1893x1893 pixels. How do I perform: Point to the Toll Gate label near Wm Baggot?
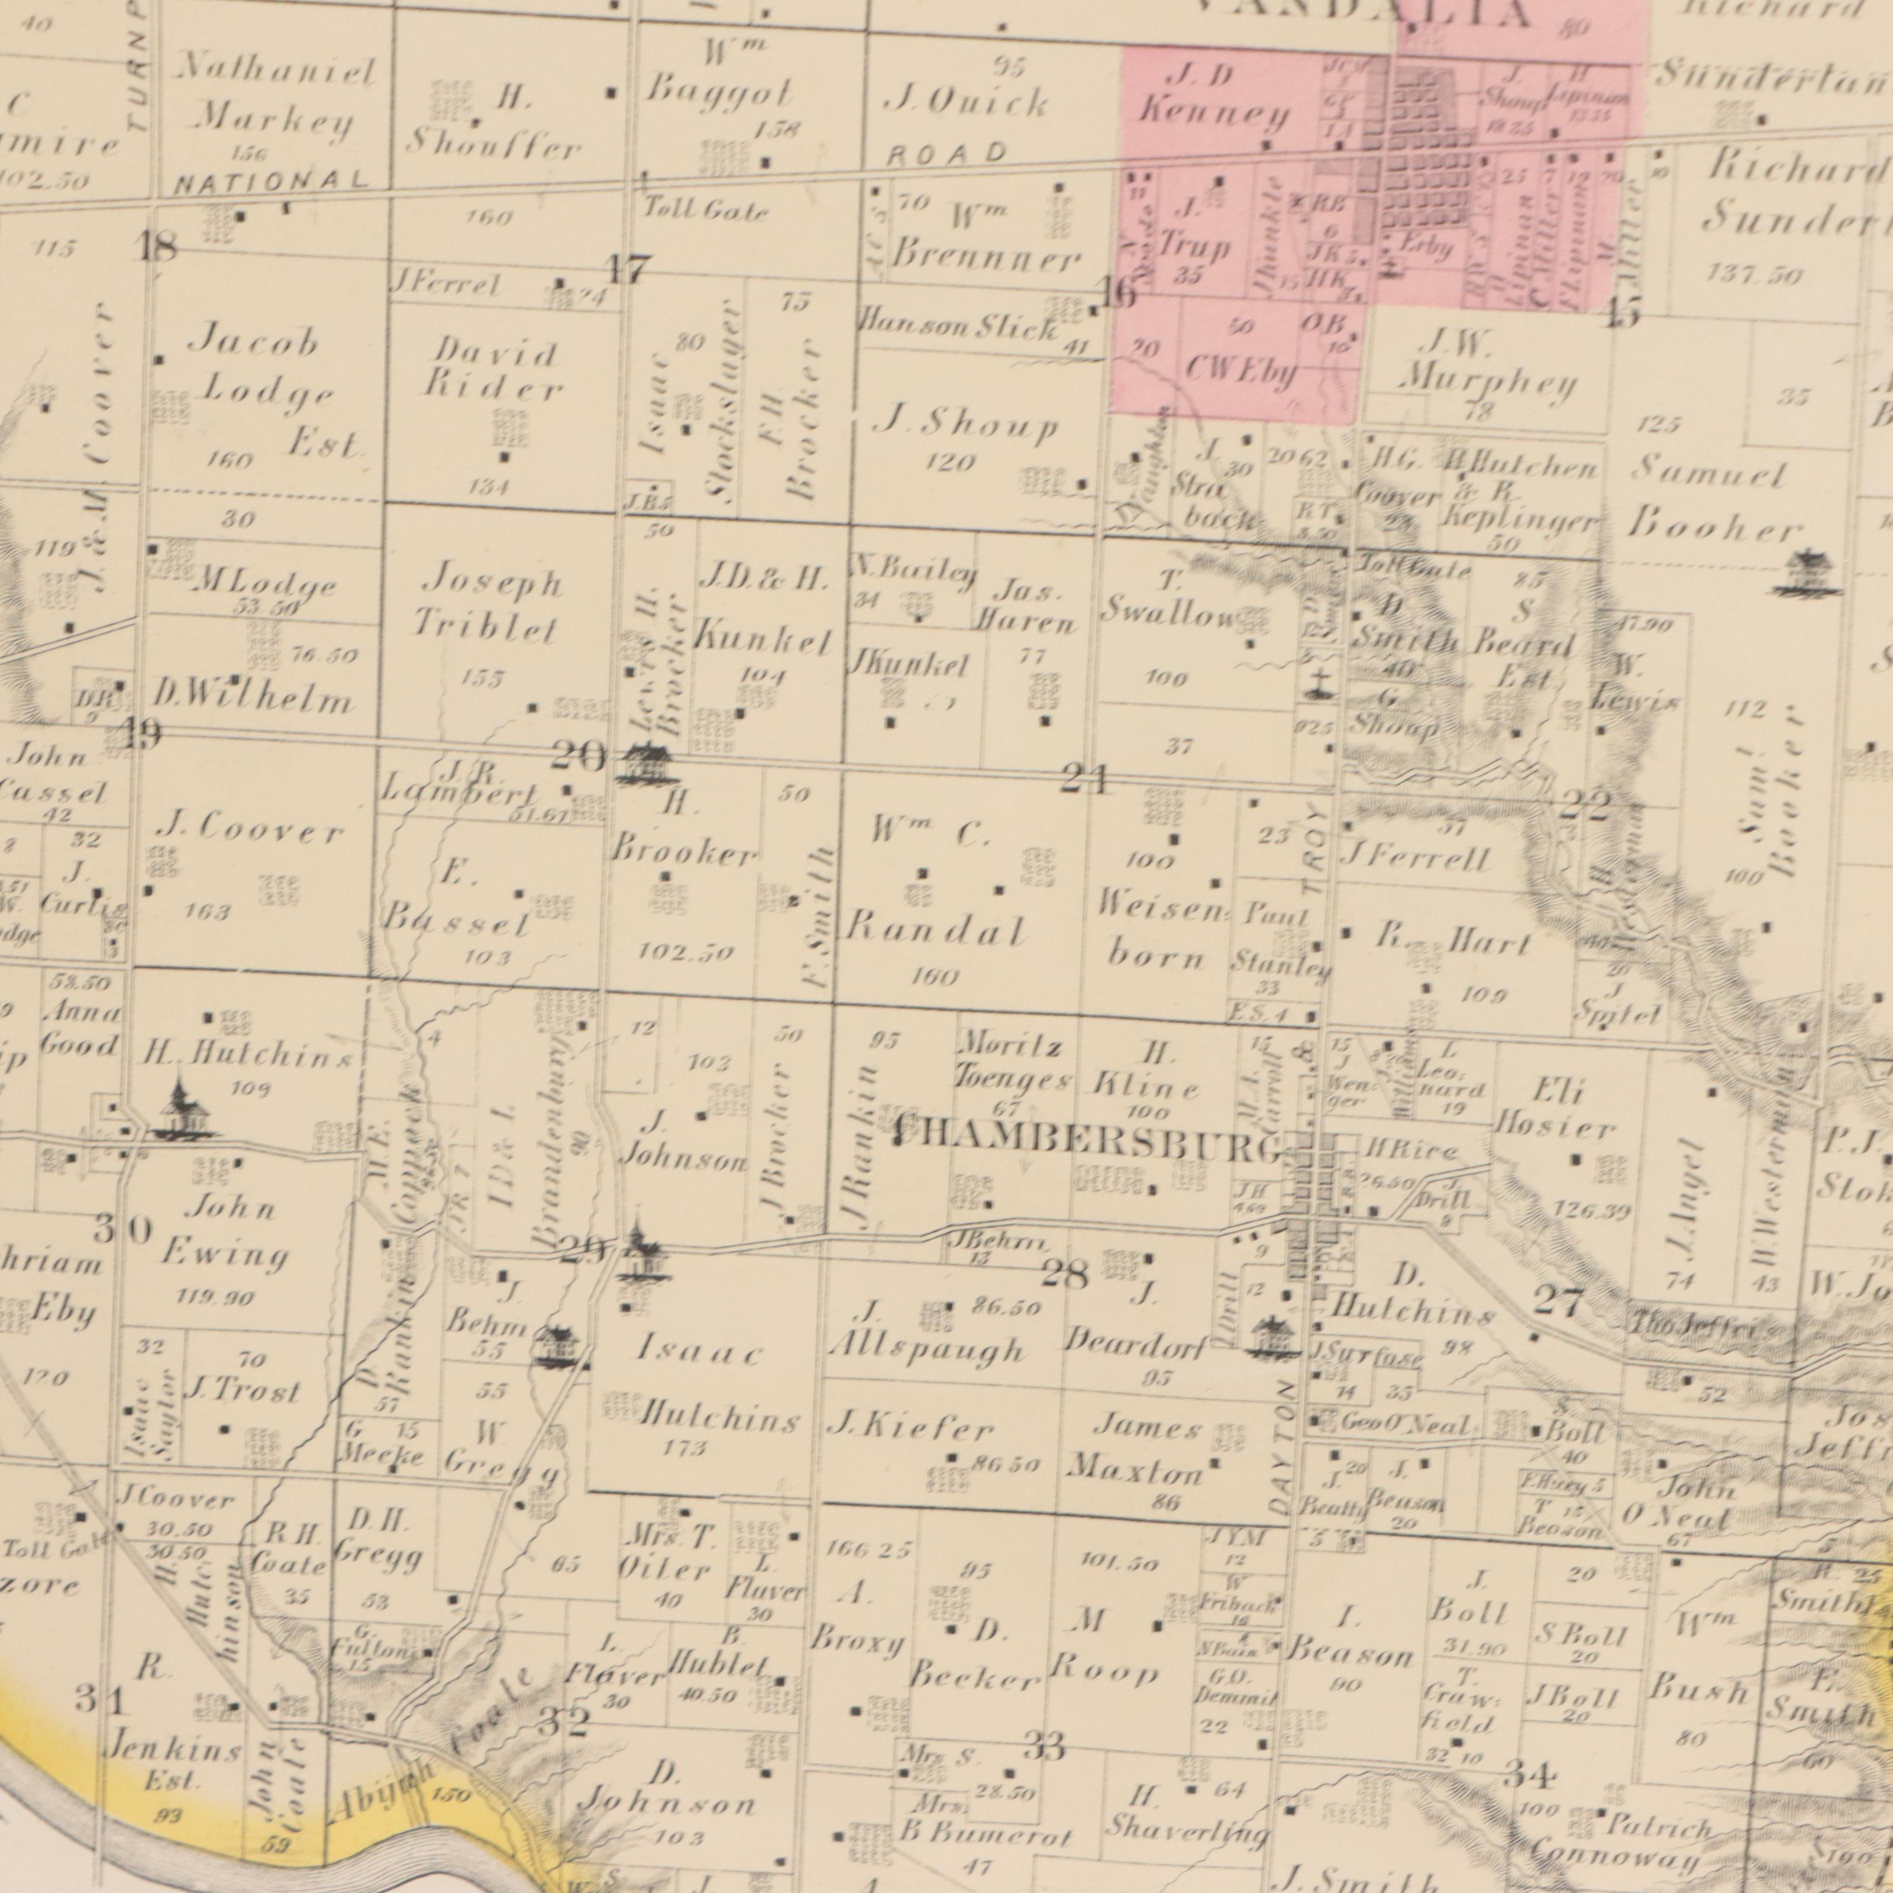pos(706,209)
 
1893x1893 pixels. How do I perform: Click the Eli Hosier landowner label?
pos(1553,1110)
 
